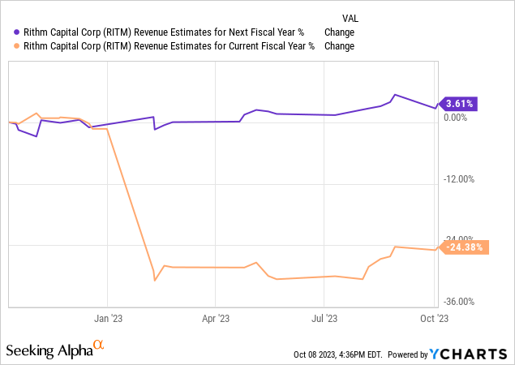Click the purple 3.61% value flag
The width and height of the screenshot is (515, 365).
[x=458, y=103]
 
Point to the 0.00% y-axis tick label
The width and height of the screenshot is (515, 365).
[x=457, y=118]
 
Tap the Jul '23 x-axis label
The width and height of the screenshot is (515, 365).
[x=324, y=320]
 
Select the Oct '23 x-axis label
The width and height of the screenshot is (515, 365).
[x=437, y=320]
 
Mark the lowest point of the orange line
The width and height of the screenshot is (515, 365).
[x=155, y=281]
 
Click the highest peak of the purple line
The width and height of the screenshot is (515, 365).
[x=394, y=95]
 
